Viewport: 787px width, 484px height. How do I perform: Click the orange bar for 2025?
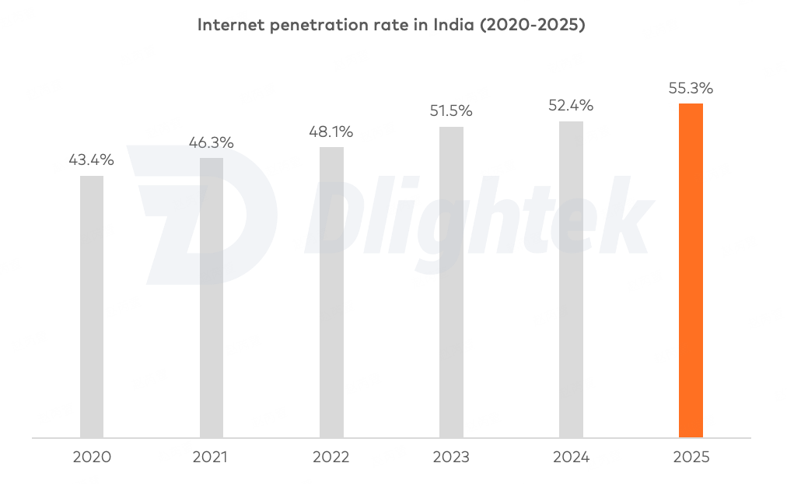pyautogui.click(x=691, y=270)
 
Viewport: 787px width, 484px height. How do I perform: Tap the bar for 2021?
pyautogui.click(x=212, y=297)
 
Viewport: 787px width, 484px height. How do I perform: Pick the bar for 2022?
pyautogui.click(x=331, y=292)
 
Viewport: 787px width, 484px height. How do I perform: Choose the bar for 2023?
pyautogui.click(x=451, y=282)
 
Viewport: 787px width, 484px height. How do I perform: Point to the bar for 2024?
pyautogui.click(x=571, y=279)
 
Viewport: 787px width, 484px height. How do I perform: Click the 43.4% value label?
pyautogui.click(x=92, y=160)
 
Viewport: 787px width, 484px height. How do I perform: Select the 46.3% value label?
pyautogui.click(x=212, y=143)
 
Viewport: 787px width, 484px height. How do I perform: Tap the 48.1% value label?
pyautogui.click(x=331, y=132)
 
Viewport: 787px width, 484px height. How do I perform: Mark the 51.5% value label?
pyautogui.click(x=451, y=111)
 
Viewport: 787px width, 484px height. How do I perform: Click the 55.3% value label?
pyautogui.click(x=691, y=88)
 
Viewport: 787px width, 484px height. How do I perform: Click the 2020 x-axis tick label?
pyautogui.click(x=92, y=457)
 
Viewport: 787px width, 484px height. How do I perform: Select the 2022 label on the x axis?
pyautogui.click(x=331, y=457)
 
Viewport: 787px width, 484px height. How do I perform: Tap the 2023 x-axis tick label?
pyautogui.click(x=451, y=457)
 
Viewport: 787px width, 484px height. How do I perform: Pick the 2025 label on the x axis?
pyautogui.click(x=691, y=457)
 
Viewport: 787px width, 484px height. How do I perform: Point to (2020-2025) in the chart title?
pyautogui.click(x=533, y=25)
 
